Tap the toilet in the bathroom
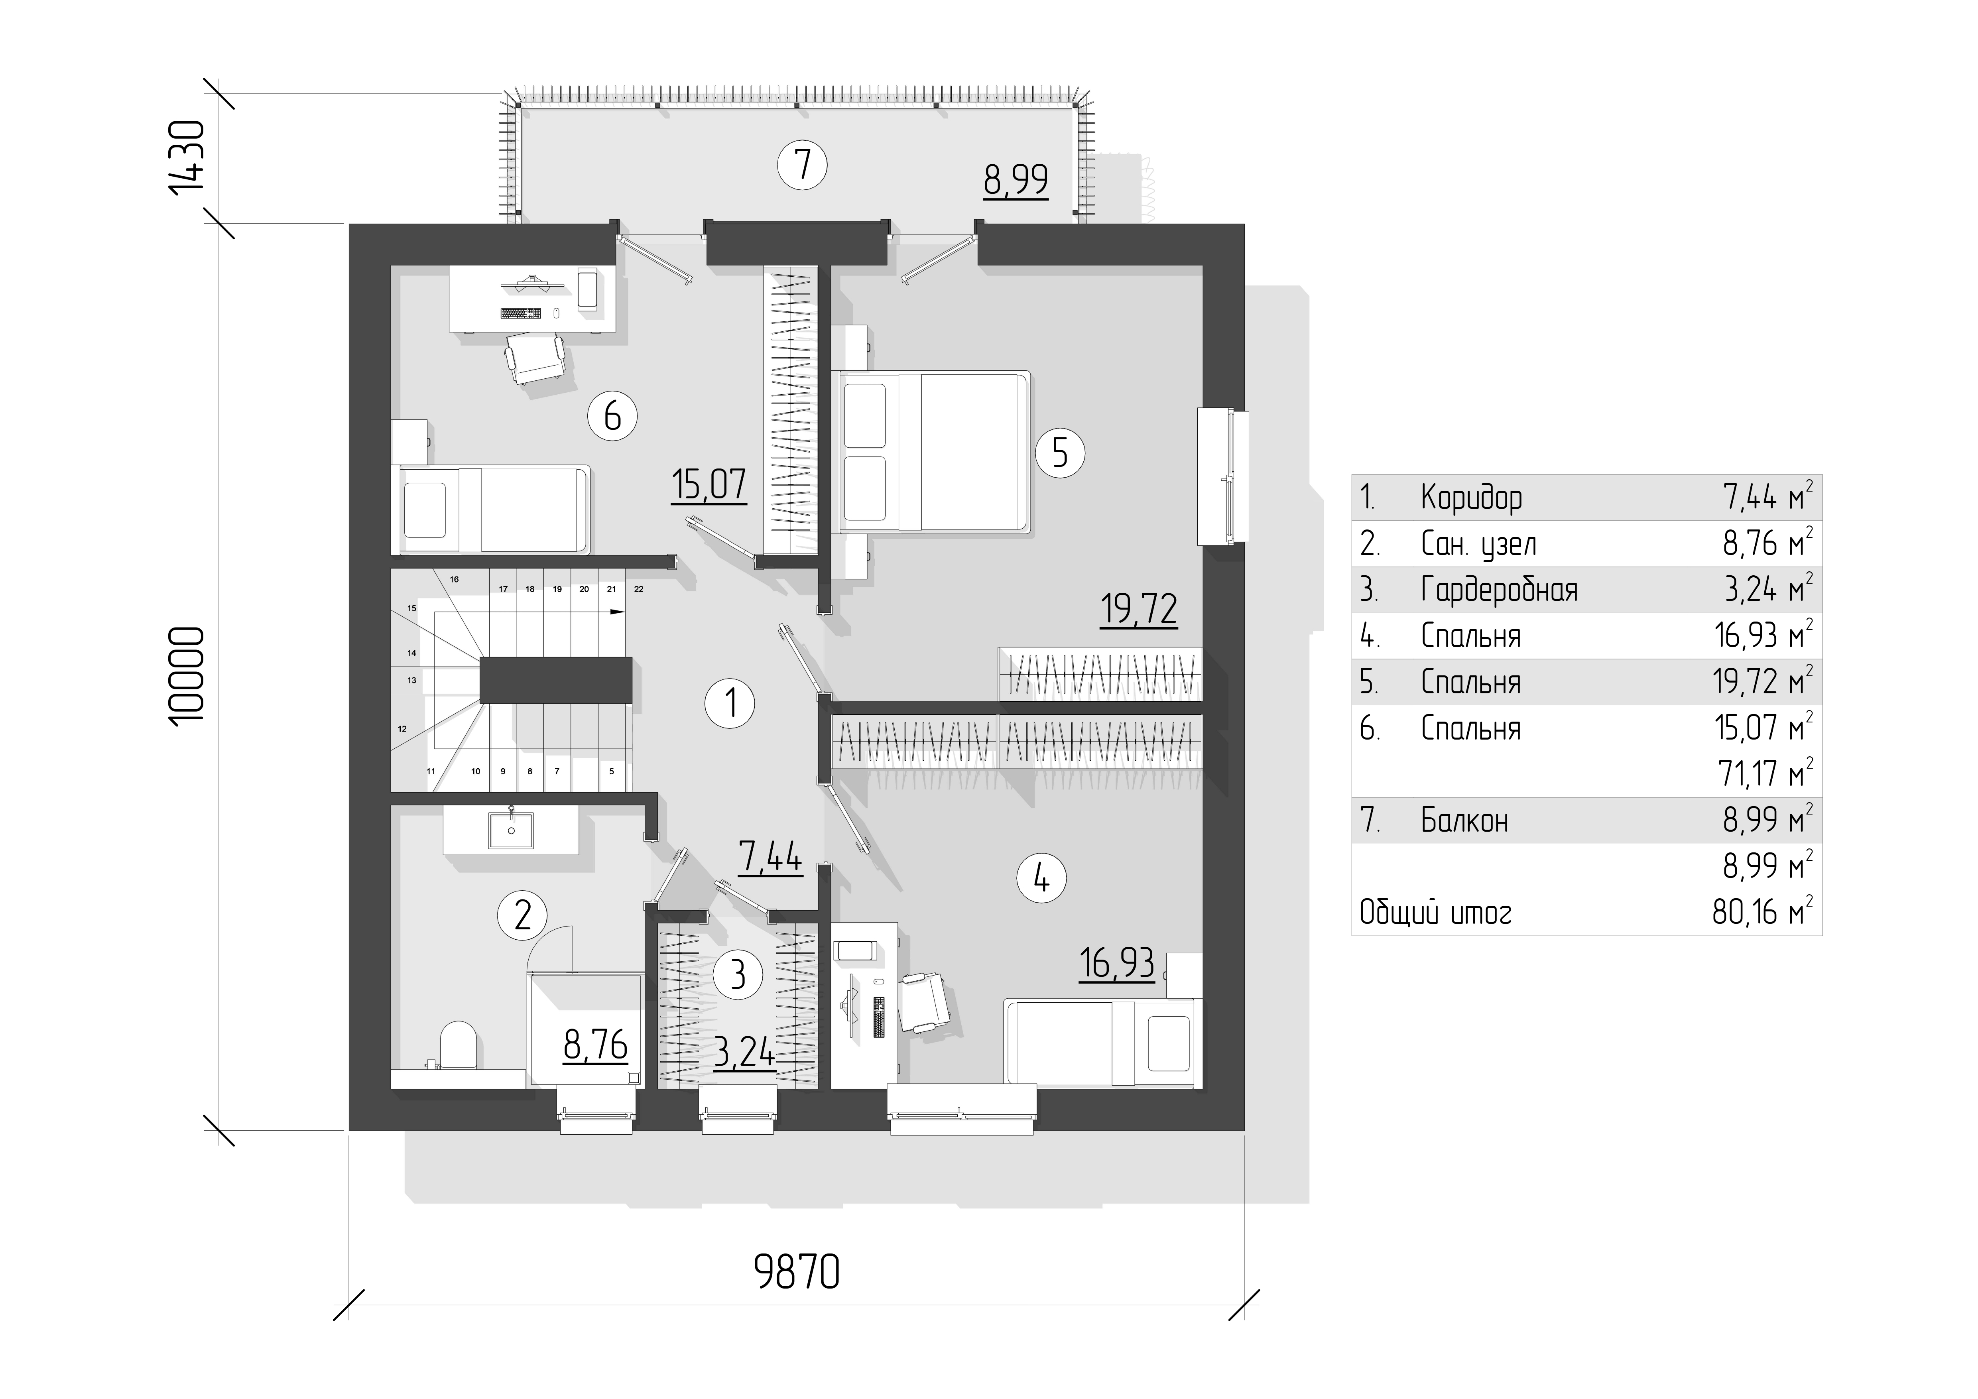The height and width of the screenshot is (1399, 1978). (x=457, y=1045)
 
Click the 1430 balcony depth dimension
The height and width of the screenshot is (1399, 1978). (x=187, y=157)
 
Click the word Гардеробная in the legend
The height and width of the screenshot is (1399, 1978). (x=1499, y=590)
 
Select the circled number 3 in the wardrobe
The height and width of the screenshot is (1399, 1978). (x=738, y=974)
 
